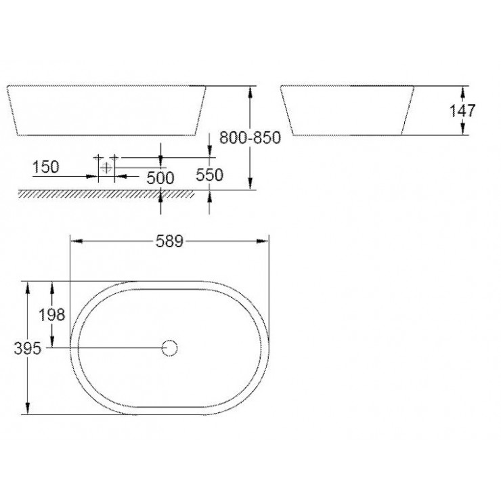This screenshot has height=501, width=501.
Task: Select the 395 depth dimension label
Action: (x=27, y=347)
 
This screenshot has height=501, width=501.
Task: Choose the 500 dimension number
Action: (x=160, y=177)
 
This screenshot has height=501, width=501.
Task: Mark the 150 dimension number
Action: (x=46, y=166)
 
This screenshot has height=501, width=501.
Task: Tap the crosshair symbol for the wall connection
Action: (x=106, y=166)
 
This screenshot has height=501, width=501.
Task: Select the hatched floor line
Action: (x=105, y=194)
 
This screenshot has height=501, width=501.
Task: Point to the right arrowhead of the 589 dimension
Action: (x=267, y=241)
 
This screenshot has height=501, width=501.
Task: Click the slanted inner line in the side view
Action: (x=407, y=110)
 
